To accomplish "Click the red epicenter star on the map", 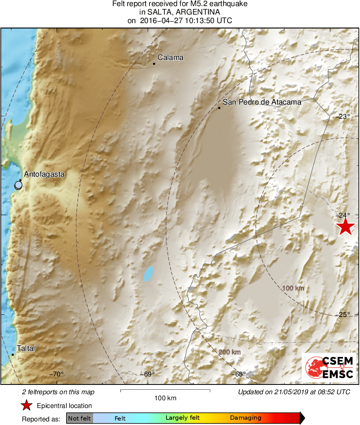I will click(x=345, y=226).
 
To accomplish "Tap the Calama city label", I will click(x=170, y=58).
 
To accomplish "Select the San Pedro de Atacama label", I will click(x=262, y=102).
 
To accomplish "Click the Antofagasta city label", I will click(x=45, y=174).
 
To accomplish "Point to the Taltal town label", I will click(x=26, y=348).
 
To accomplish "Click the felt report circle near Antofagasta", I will click(x=18, y=186).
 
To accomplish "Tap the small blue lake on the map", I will click(x=149, y=274).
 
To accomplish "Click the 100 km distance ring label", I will click(x=293, y=288).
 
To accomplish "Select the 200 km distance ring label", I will click(x=230, y=352).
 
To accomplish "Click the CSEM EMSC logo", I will click(x=329, y=367).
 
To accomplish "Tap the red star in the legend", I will click(x=27, y=405).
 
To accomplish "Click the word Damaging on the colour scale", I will click(x=245, y=418).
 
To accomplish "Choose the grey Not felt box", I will click(x=79, y=418).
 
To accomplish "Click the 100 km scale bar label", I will click(x=165, y=398).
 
